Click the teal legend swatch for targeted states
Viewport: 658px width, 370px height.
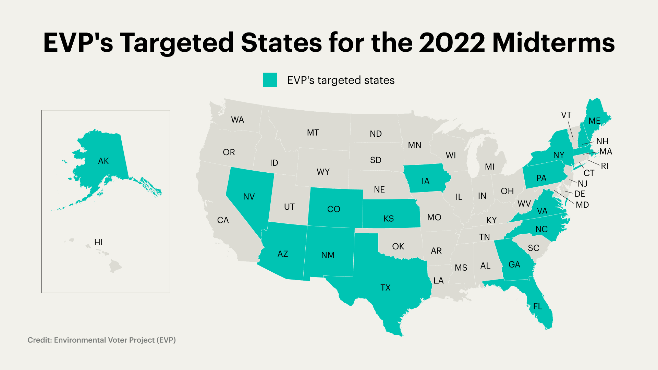click(x=270, y=80)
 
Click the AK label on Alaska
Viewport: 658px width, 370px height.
click(x=103, y=161)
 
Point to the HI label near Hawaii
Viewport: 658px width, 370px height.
click(x=98, y=243)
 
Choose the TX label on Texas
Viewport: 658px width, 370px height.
click(x=386, y=287)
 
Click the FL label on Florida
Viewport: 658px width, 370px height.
click(x=538, y=306)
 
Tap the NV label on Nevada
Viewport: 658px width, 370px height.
click(x=249, y=197)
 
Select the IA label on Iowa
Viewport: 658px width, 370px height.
click(x=425, y=181)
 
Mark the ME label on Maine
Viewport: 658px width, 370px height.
click(x=595, y=121)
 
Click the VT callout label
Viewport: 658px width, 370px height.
click(x=566, y=115)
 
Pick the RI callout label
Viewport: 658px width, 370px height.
click(x=605, y=166)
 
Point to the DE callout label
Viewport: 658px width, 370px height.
click(x=580, y=194)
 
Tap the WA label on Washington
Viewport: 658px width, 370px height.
click(x=237, y=120)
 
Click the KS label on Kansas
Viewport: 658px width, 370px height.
click(x=389, y=219)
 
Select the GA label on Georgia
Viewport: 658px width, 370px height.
click(x=514, y=264)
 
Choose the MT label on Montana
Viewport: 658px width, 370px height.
click(x=313, y=133)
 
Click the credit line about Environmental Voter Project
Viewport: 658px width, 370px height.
click(x=101, y=340)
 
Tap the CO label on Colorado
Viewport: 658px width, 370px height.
click(x=333, y=209)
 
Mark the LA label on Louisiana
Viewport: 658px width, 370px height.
click(x=438, y=281)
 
